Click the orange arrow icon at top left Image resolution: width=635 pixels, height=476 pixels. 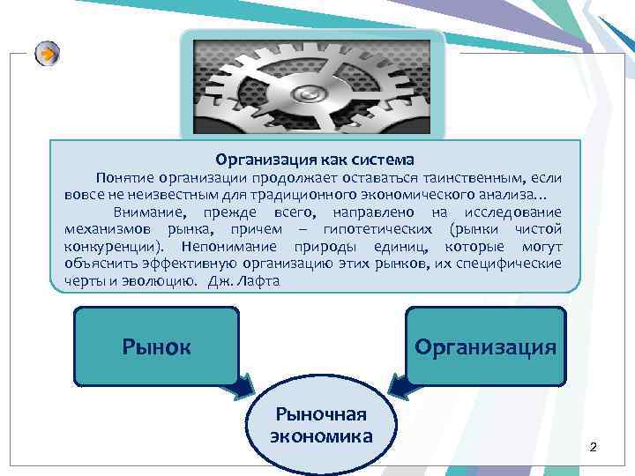tap(47, 55)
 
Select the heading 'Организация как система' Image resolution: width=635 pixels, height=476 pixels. tap(315, 160)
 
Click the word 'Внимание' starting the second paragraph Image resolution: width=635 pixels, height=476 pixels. tap(145, 212)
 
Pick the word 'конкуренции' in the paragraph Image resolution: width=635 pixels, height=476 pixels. tap(110, 247)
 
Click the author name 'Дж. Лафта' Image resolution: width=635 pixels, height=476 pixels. tap(244, 281)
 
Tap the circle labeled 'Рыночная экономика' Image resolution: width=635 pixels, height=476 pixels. tap(321, 425)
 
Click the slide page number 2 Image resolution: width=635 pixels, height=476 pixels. tap(594, 448)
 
